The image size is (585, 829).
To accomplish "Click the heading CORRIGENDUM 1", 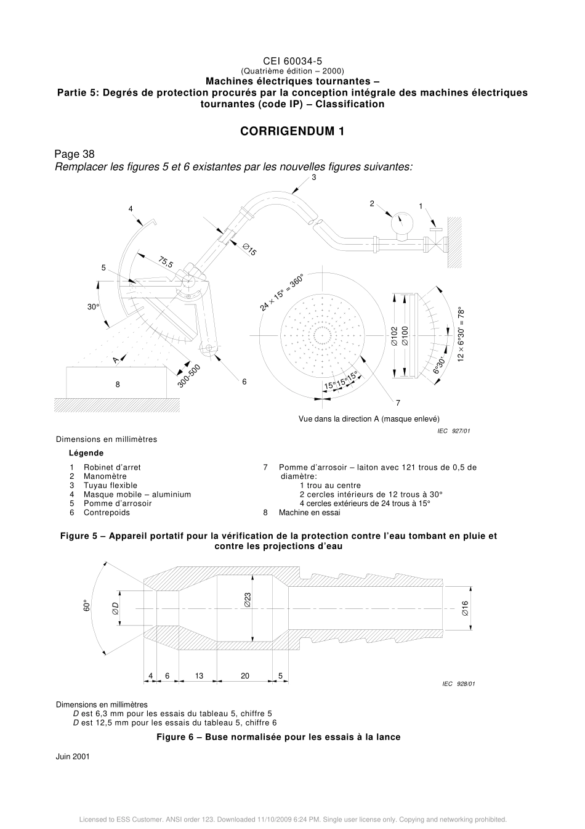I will pos(292,131).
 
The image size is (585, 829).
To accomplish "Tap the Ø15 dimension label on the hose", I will pos(249,250).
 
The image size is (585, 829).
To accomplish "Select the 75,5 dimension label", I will pos(166,261).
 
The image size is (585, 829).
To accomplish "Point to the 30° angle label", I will pos(93,306).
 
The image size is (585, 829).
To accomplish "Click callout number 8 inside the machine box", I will pos(118,384).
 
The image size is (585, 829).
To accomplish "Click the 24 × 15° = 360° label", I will pos(281,293).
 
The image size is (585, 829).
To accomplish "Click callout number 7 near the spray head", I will pos(398,402).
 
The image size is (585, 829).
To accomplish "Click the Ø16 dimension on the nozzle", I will pos(465,609).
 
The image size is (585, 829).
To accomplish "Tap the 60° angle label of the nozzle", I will pos(87,606).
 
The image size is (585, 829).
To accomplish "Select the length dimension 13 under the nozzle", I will pos(199,676).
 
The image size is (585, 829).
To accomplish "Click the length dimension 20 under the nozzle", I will pos(245,676).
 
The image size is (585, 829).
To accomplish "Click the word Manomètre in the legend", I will pos(105,476).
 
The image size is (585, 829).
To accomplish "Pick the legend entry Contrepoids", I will pos(107,512).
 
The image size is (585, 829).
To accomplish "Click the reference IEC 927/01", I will pos(453,431).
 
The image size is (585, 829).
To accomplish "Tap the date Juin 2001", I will pos(73,756).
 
